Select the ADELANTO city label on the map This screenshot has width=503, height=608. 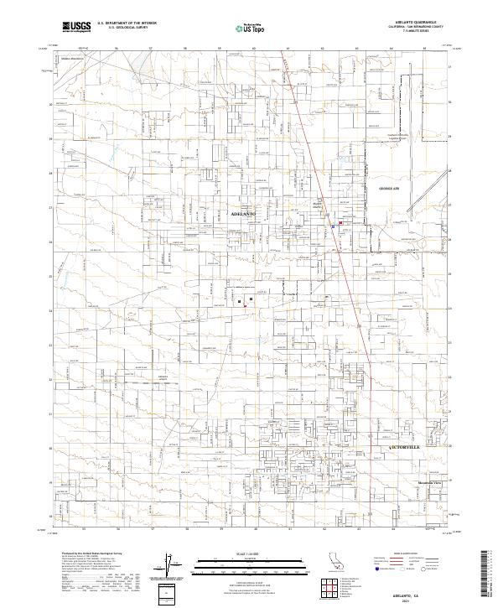click(242, 215)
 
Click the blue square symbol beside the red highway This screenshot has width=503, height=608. click(333, 226)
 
